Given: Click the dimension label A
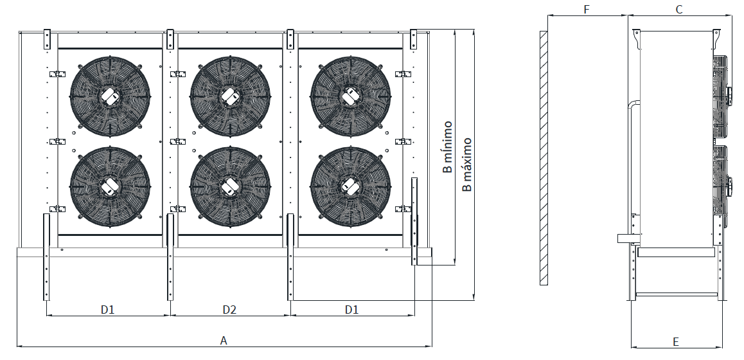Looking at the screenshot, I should pyautogui.click(x=224, y=340).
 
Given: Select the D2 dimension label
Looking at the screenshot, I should pyautogui.click(x=229, y=309).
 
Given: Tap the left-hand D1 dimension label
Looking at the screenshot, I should pyautogui.click(x=107, y=309).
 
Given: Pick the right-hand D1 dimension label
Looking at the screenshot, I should pyautogui.click(x=351, y=309).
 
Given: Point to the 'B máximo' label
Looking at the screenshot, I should pyautogui.click(x=467, y=164).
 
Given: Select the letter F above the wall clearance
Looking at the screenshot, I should pyautogui.click(x=586, y=9).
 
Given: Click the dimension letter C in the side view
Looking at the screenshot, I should pyautogui.click(x=679, y=9).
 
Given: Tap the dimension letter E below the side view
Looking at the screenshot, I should pyautogui.click(x=676, y=341).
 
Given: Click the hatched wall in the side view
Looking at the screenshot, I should pyautogui.click(x=544, y=157).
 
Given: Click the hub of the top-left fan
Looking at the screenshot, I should pyautogui.click(x=109, y=96).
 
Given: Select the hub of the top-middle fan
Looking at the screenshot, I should pyautogui.click(x=229, y=96).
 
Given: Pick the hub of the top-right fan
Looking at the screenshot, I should pyautogui.click(x=350, y=96).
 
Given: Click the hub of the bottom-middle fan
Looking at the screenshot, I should pyautogui.click(x=229, y=186).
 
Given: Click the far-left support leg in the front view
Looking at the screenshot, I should pyautogui.click(x=46, y=257).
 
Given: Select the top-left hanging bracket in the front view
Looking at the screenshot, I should pyautogui.click(x=47, y=39).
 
